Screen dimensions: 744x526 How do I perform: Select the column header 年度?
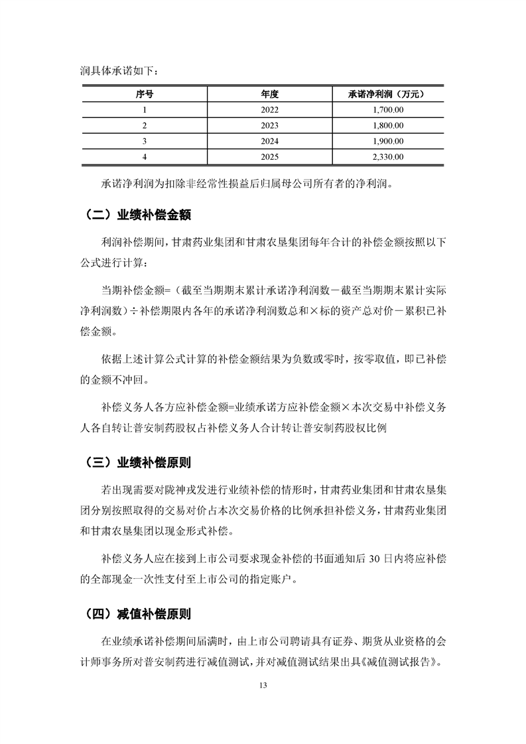270,94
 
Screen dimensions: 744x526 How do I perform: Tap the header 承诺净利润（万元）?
385,94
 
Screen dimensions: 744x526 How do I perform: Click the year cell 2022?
270,110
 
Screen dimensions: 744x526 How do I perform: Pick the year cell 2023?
270,125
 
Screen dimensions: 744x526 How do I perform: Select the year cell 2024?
270,141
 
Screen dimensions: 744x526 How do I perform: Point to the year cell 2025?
270,156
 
